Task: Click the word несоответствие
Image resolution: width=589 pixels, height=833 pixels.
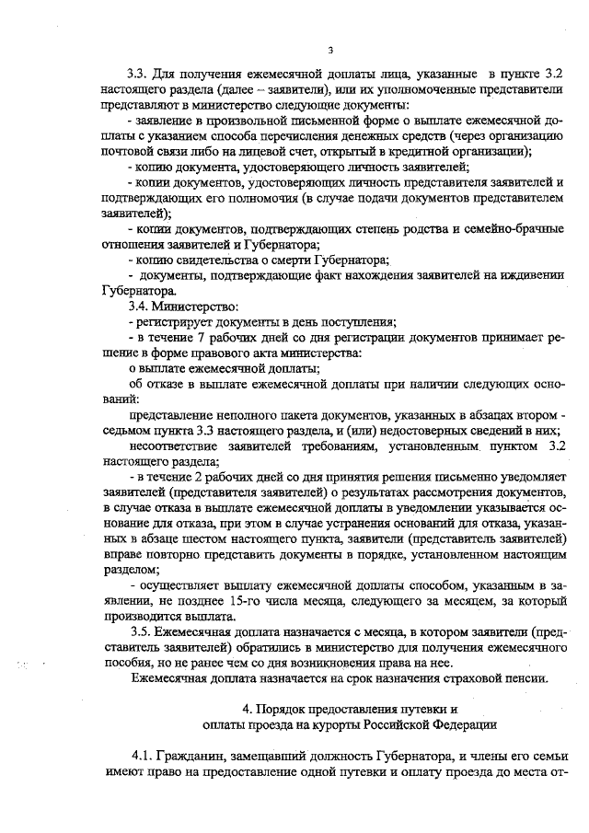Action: click(179, 445)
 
